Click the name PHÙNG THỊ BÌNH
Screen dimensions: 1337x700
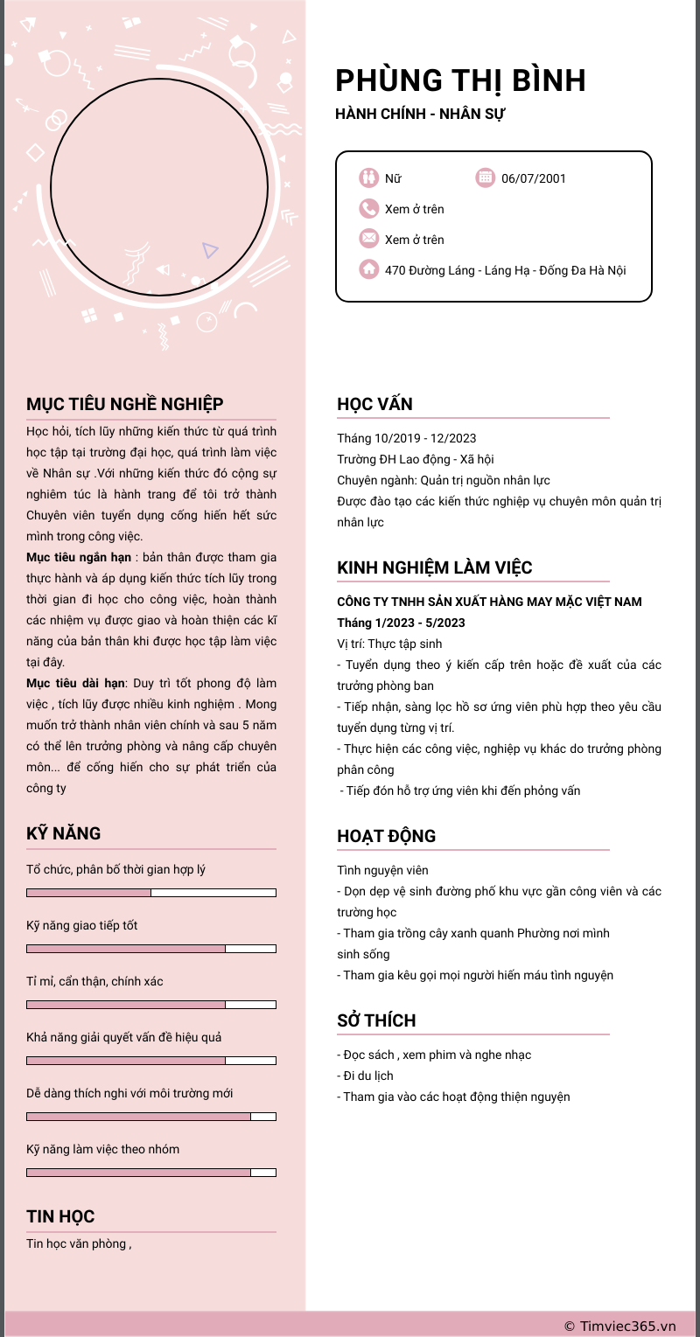(x=460, y=80)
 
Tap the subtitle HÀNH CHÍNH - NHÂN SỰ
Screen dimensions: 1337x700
(x=420, y=114)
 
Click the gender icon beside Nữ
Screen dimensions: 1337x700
(x=368, y=178)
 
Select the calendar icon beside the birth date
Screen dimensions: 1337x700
(x=485, y=178)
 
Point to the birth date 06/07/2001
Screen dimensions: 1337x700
(x=534, y=178)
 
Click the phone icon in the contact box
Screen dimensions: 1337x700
(x=368, y=209)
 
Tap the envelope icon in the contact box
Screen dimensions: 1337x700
(x=368, y=239)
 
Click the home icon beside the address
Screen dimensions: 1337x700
(x=368, y=269)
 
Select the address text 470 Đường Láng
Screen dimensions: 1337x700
(x=505, y=270)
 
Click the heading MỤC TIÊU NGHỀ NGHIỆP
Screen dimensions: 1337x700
(x=125, y=404)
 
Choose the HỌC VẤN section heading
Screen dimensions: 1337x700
(x=374, y=404)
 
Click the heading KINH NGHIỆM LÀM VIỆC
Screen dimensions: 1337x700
(x=435, y=568)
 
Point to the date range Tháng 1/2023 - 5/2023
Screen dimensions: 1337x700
(x=401, y=623)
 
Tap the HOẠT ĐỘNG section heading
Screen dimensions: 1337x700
(x=386, y=836)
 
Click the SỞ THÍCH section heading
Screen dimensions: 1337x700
(x=376, y=1020)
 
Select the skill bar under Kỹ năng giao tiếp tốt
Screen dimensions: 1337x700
(x=151, y=949)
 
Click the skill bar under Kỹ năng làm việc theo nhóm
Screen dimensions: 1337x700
(x=151, y=1173)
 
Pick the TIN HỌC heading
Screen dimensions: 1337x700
(x=60, y=1216)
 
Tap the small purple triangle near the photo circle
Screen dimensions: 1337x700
(x=209, y=251)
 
